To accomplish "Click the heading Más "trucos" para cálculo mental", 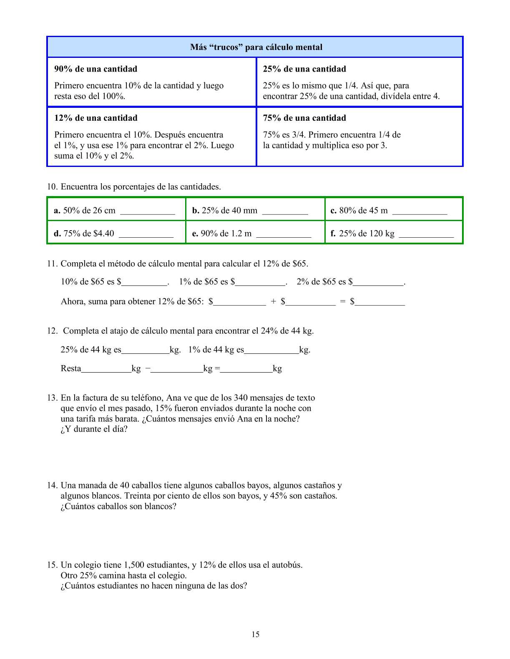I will (256, 47).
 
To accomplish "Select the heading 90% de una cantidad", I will (95, 69).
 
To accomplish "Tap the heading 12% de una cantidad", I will (95, 118).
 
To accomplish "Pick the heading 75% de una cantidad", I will (304, 118).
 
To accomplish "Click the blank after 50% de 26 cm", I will (148, 211).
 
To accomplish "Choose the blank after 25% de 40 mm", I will (285, 211).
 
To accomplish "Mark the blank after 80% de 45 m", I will (420, 211).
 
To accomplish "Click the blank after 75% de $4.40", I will (146, 234).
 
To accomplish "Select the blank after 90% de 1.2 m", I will (284, 234).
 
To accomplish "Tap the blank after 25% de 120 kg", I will (426, 234).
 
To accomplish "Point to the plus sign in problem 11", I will (273, 302).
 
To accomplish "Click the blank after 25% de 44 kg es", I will (146, 351).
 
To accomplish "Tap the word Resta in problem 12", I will (71, 369).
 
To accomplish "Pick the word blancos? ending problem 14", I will (160, 507).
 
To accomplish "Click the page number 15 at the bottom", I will (256, 634).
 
